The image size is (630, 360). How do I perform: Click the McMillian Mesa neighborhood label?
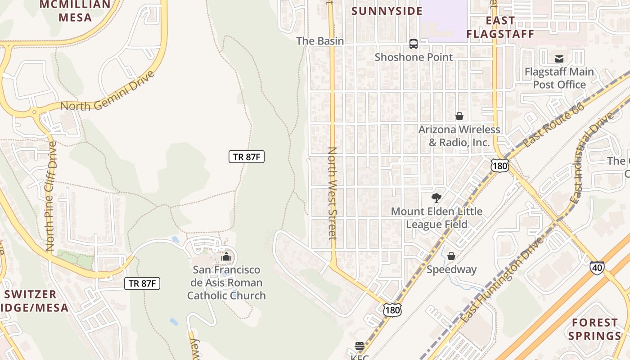(x=75, y=11)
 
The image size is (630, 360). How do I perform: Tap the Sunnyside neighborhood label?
(x=387, y=11)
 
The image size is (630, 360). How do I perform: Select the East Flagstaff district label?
(x=500, y=27)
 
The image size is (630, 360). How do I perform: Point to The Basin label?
(x=320, y=41)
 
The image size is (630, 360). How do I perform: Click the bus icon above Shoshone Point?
(x=414, y=44)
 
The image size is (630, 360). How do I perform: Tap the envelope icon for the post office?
(x=559, y=59)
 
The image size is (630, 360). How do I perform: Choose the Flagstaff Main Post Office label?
(x=559, y=78)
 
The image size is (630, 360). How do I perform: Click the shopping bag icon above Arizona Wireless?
(x=459, y=117)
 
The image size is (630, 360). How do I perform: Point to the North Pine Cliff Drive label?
(x=51, y=196)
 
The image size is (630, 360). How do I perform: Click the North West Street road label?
(x=333, y=193)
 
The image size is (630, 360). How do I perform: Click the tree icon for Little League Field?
(x=436, y=198)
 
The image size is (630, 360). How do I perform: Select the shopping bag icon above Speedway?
(x=451, y=256)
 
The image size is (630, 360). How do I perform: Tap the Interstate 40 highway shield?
(x=597, y=268)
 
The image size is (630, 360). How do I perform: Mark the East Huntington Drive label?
(x=502, y=279)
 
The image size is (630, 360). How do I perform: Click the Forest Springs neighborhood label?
(x=594, y=329)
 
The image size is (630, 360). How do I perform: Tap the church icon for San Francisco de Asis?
(x=226, y=257)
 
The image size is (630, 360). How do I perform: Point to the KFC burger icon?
(x=360, y=346)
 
